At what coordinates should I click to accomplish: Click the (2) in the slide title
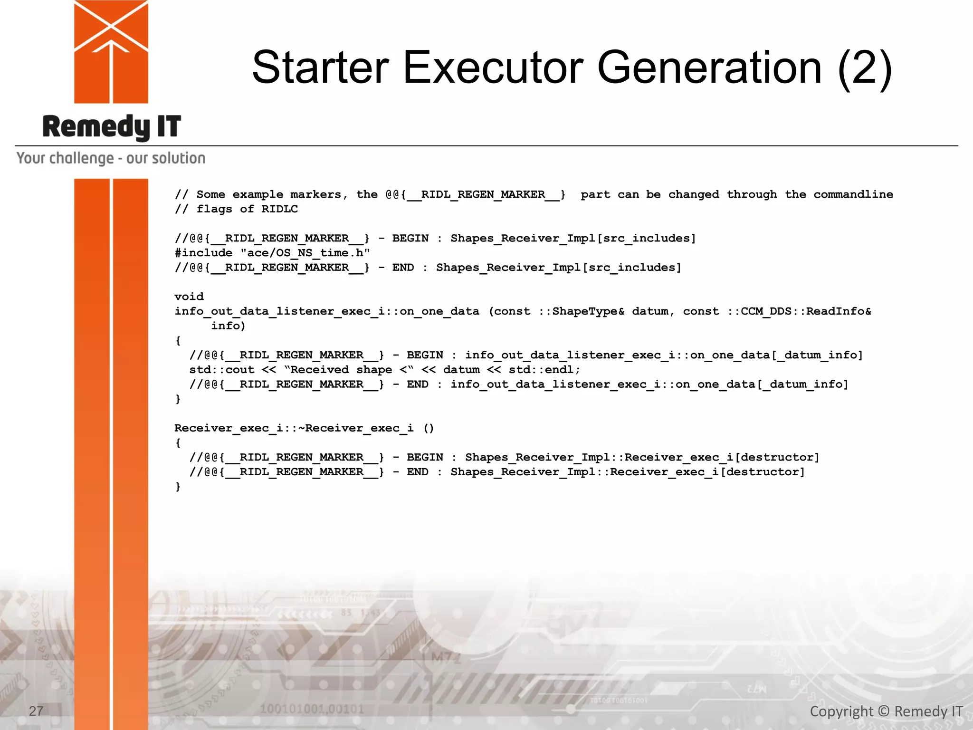(865, 69)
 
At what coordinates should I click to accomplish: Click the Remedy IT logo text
(112, 127)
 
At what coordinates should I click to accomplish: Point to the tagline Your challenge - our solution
(111, 158)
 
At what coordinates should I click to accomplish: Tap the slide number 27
(36, 711)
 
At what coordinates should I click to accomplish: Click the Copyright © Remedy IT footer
(886, 711)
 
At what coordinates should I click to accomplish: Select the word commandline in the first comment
(853, 194)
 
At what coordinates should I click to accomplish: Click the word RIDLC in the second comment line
(279, 209)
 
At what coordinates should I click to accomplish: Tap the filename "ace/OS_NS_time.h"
(305, 253)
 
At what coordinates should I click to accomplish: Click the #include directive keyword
(203, 253)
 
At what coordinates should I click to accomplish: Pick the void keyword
(189, 297)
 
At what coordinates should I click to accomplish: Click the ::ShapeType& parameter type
(582, 311)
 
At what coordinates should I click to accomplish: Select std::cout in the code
(222, 370)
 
